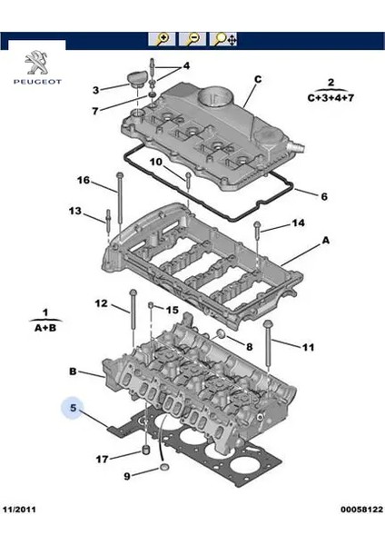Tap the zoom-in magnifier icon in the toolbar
pyautogui.click(x=163, y=39)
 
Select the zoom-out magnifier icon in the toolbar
pyautogui.click(x=192, y=39)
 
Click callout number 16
pyautogui.click(x=83, y=181)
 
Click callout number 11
pyautogui.click(x=308, y=346)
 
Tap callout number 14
pyautogui.click(x=297, y=223)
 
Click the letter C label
pyautogui.click(x=257, y=79)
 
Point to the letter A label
pyautogui.click(x=325, y=243)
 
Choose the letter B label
pyautogui.click(x=74, y=372)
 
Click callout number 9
pyautogui.click(x=126, y=475)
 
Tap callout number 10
pyautogui.click(x=155, y=162)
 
